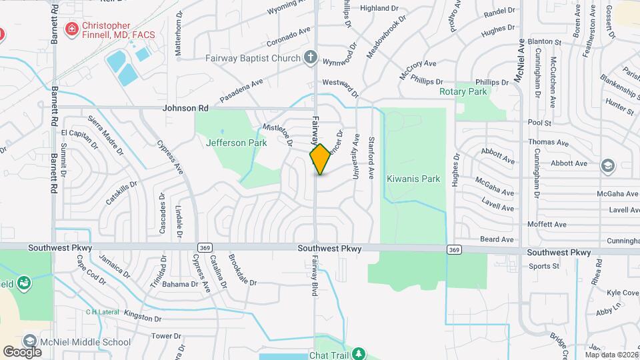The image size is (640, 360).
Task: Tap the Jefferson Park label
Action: coord(236,143)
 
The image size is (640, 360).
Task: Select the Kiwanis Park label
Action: coord(413,179)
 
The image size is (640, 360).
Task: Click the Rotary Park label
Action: coord(463,91)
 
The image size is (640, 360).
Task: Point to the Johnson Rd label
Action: coord(185,108)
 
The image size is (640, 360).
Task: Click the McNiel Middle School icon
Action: coord(29,342)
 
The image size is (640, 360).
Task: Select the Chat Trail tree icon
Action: coord(359,353)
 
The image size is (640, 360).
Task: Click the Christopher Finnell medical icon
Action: coord(71,29)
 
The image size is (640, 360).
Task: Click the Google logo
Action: coord(22,352)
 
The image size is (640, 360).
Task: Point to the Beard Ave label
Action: coord(497,239)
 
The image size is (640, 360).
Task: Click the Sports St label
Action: coord(544,266)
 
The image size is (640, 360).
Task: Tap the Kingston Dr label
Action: coord(143,319)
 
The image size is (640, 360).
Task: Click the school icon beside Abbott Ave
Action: coord(607,164)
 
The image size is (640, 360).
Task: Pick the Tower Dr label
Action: coord(162,336)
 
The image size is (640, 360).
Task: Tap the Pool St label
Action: coord(539,123)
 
